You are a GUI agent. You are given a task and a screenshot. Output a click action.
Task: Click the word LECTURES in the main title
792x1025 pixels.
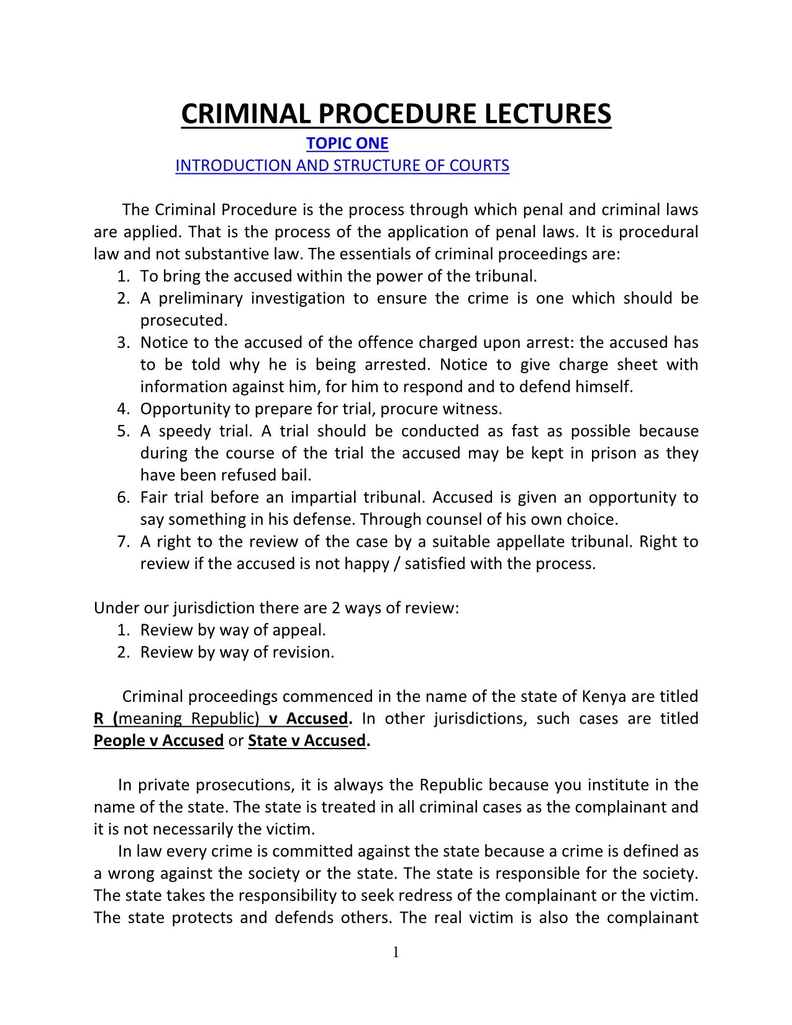pyautogui.click(x=547, y=114)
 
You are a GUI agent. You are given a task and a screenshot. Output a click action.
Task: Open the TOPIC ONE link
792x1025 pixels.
pyautogui.click(x=347, y=143)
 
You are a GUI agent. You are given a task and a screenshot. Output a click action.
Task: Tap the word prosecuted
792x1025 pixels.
pyautogui.click(x=183, y=321)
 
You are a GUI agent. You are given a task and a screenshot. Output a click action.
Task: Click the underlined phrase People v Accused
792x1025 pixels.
pyautogui.click(x=158, y=740)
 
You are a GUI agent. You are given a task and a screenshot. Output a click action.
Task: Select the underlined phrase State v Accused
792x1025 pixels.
pyautogui.click(x=307, y=740)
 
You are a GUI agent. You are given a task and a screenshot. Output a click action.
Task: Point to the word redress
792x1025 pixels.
pyautogui.click(x=446, y=896)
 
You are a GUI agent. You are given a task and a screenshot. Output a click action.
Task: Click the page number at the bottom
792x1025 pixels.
pyautogui.click(x=396, y=952)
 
